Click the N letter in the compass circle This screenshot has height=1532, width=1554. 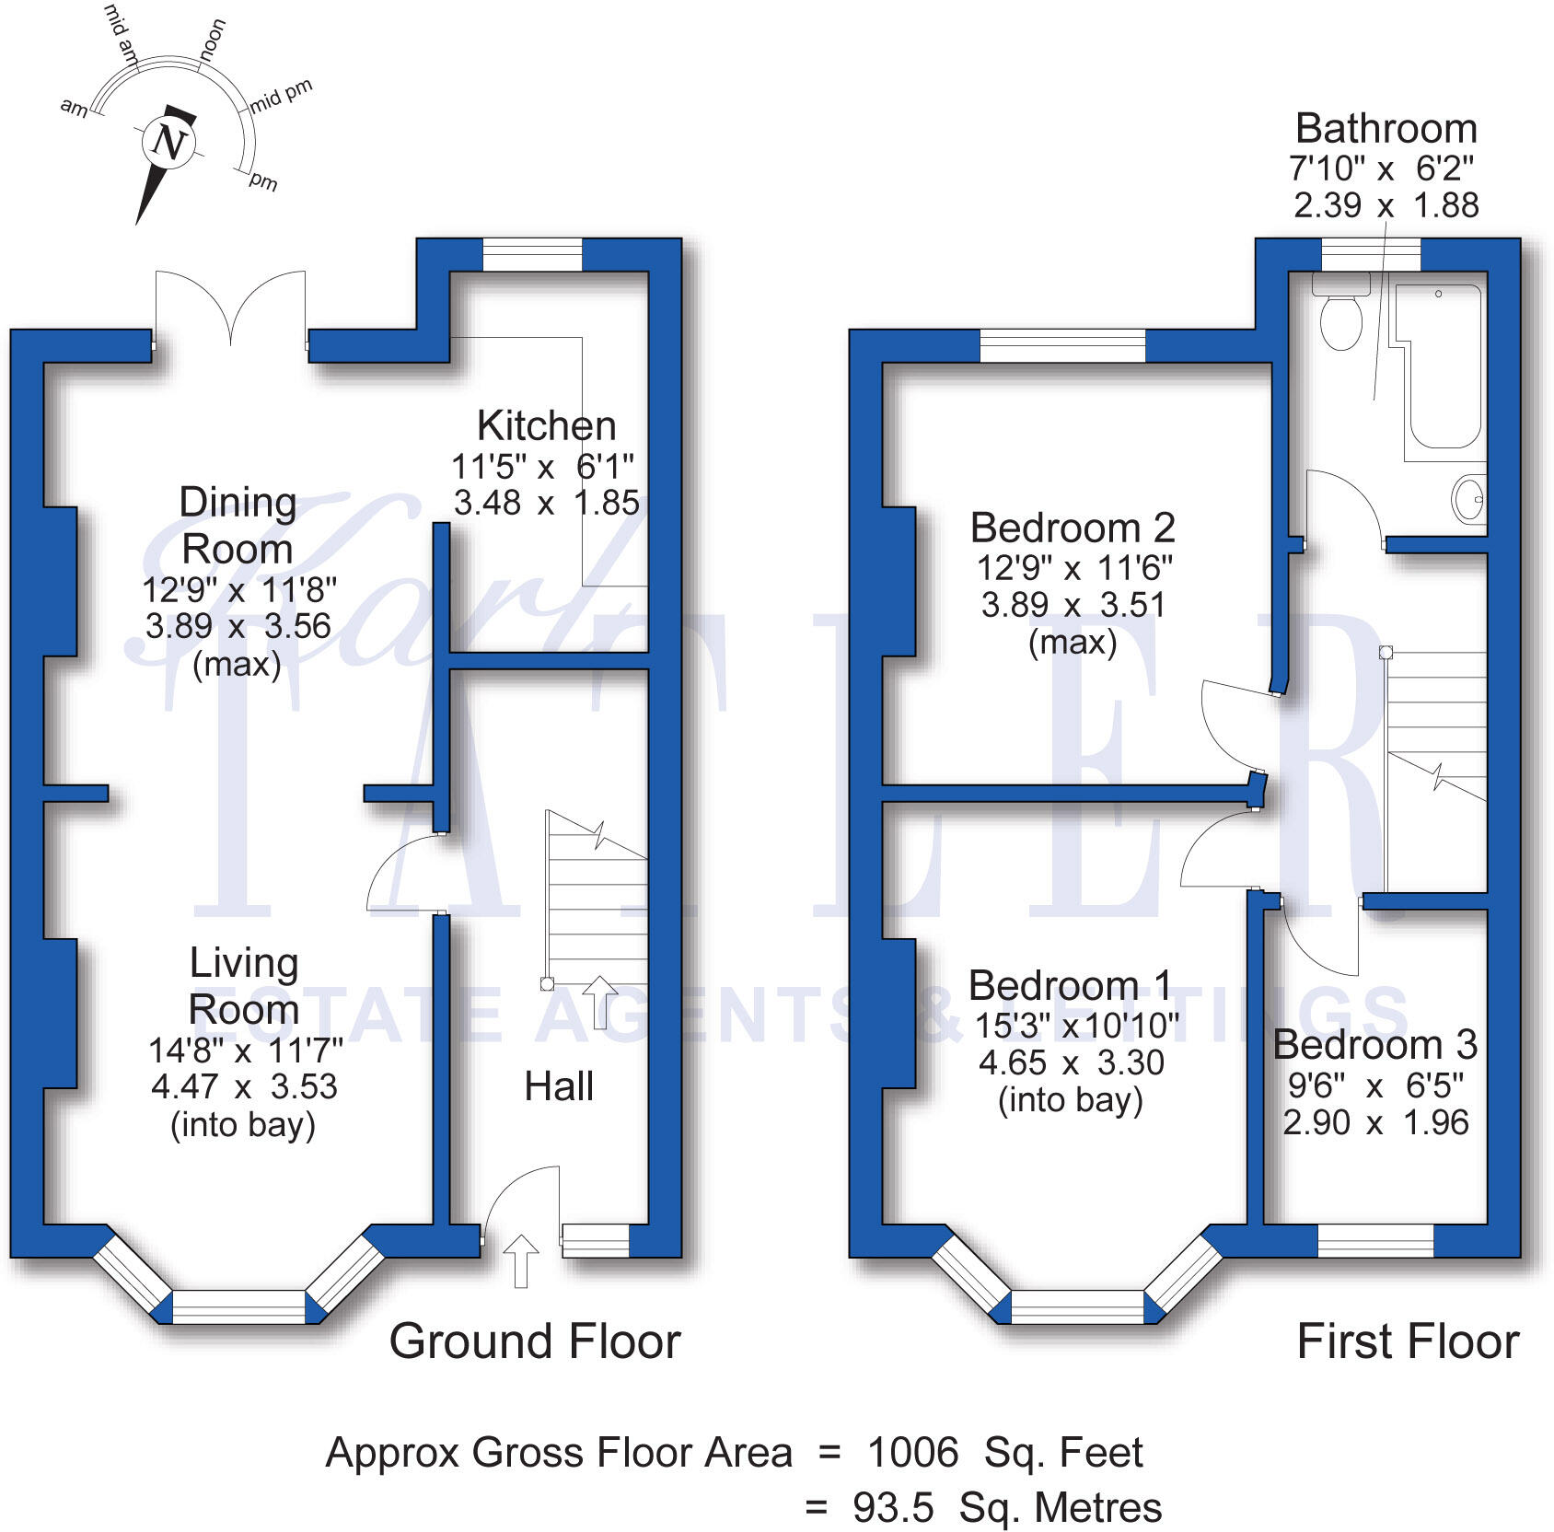[169, 143]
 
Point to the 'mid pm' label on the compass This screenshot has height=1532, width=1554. [282, 96]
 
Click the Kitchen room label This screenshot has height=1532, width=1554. [546, 426]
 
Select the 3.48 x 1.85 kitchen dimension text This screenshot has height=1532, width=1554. [546, 503]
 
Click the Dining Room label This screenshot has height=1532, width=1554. [238, 526]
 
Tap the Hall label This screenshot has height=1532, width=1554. [559, 1086]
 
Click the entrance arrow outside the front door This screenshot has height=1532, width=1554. [520, 1259]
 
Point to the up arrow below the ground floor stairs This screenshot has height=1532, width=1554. [600, 1002]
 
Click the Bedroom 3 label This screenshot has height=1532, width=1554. [1374, 1045]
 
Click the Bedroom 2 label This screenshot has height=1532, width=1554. [1073, 528]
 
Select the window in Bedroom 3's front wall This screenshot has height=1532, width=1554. [1375, 1240]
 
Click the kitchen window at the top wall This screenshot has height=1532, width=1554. [532, 254]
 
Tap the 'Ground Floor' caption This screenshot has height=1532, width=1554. [534, 1341]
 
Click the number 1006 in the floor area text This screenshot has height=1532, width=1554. [912, 1453]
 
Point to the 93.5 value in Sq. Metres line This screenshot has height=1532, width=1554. [892, 1508]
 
